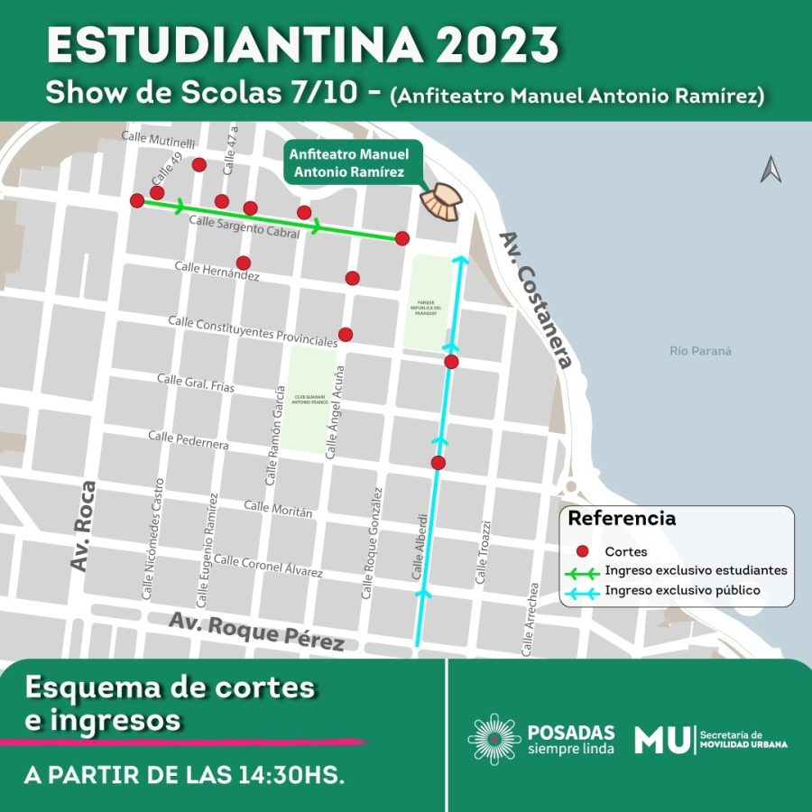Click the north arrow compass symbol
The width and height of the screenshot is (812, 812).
pyautogui.click(x=770, y=170)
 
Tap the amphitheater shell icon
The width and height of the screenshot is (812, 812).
pyautogui.click(x=443, y=202)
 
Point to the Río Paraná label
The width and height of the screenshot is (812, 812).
pyautogui.click(x=701, y=351)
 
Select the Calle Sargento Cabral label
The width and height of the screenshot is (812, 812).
pyautogui.click(x=244, y=226)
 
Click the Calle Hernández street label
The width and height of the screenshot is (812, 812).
pyautogui.click(x=217, y=271)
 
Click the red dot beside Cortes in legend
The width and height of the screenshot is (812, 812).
pyautogui.click(x=583, y=550)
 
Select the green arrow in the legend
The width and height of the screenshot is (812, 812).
pyautogui.click(x=583, y=571)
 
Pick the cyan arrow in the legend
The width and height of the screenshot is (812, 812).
pyautogui.click(x=583, y=591)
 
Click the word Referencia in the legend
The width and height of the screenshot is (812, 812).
pyautogui.click(x=622, y=519)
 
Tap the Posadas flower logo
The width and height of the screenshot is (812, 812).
pyautogui.click(x=494, y=739)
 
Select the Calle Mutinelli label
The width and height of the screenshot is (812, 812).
pyautogui.click(x=158, y=142)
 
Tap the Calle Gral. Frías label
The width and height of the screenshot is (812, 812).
pyautogui.click(x=196, y=383)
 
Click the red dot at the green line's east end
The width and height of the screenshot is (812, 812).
pyautogui.click(x=402, y=238)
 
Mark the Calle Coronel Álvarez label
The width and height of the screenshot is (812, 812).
pyautogui.click(x=268, y=567)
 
